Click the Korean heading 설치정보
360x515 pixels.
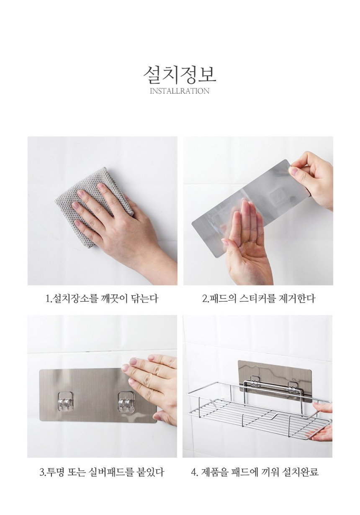pyautogui.click(x=180, y=75)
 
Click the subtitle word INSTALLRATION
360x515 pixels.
pyautogui.click(x=180, y=91)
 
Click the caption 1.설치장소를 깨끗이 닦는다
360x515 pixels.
pyautogui.click(x=102, y=299)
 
